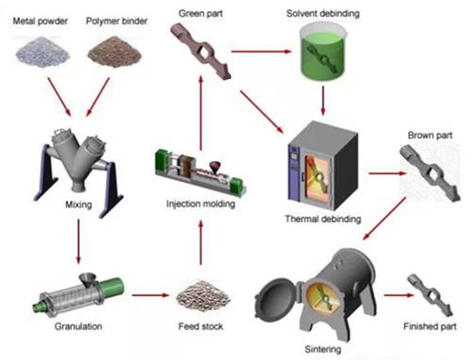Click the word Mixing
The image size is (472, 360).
pyautogui.click(x=78, y=205)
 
